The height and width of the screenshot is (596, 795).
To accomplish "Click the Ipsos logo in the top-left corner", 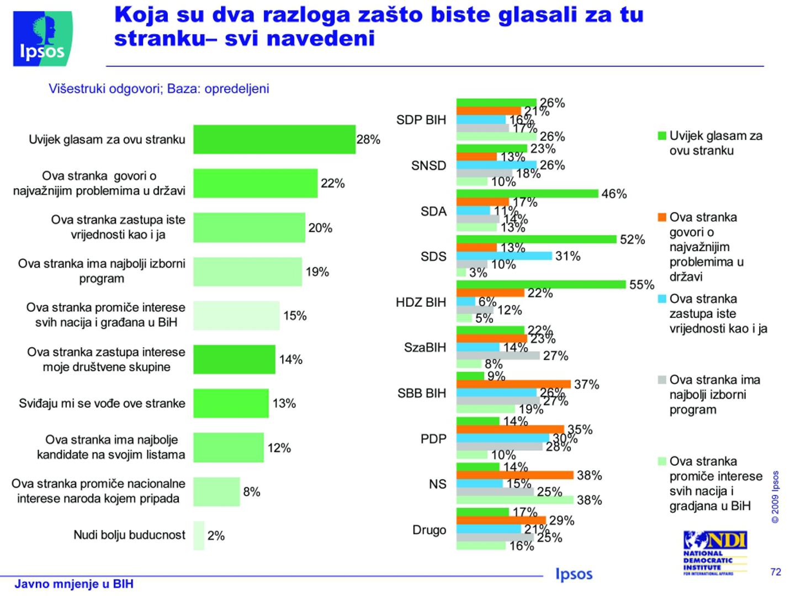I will point(42,39).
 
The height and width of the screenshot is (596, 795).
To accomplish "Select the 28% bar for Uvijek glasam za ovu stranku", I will point(274,139).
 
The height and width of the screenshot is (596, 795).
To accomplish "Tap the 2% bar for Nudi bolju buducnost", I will point(199,535).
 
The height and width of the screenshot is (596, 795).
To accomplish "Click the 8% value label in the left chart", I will point(252,492).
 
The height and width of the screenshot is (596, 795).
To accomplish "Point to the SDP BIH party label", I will point(421,120).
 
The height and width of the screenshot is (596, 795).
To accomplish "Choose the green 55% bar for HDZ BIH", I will point(541,285).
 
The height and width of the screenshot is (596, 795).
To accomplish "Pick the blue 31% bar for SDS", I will point(504,256).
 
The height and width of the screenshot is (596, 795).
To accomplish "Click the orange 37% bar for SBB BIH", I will point(513,384).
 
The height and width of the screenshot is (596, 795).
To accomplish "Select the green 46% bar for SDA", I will point(527,194).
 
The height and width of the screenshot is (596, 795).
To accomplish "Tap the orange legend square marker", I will point(662,217).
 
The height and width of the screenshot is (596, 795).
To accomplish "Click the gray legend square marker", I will point(662,380).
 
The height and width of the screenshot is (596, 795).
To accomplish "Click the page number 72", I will point(776,572).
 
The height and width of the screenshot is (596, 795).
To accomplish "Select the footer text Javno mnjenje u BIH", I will point(74,584).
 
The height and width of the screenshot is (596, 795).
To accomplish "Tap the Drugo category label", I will point(429,530).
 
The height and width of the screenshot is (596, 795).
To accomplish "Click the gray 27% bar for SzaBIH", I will point(498,355).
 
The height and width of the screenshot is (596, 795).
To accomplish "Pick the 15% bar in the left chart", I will point(236,315).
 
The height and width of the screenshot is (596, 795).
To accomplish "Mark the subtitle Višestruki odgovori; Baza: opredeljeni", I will point(159,89).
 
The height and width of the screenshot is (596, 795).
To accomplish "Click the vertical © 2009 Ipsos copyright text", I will point(776,497).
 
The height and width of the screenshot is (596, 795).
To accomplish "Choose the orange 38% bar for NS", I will point(515,475).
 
